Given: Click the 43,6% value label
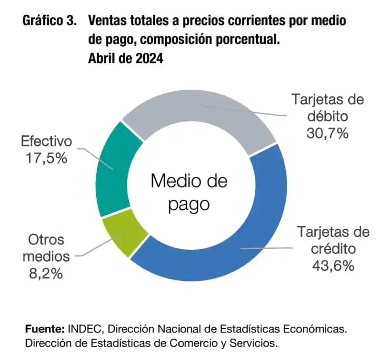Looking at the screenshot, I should (x=333, y=265).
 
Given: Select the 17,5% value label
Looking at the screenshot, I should (x=46, y=158).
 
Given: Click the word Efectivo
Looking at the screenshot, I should (x=46, y=142).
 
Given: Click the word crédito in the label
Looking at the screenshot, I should (x=333, y=248).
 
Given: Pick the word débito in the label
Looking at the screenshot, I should (x=328, y=116).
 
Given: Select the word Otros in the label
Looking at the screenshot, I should (x=46, y=239).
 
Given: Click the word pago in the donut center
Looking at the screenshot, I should (x=189, y=204).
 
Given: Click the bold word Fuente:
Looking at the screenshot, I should (x=45, y=329).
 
